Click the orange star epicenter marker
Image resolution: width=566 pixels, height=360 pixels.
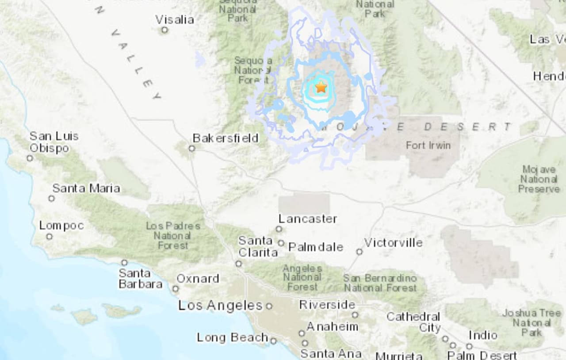pyautogui.click(x=321, y=87)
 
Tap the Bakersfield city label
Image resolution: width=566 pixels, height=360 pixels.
pyautogui.click(x=226, y=138)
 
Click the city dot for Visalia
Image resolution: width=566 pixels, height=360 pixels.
pyautogui.click(x=164, y=30)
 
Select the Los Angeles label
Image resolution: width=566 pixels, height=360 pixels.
pyautogui.click(x=220, y=305)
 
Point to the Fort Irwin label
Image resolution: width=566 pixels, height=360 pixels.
pyautogui.click(x=428, y=145)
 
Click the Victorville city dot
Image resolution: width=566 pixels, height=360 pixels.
pyautogui.click(x=359, y=252)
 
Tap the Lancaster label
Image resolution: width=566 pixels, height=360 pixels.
pyautogui.click(x=308, y=218)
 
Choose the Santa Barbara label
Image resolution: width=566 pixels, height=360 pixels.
pyautogui.click(x=140, y=279)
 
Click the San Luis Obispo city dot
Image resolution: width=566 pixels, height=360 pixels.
pyautogui.click(x=30, y=158)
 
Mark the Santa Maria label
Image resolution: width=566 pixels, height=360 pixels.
pyautogui.click(x=86, y=188)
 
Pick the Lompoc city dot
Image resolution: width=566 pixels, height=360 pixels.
pyautogui.click(x=49, y=237)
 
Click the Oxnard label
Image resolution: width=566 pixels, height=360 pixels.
pyautogui.click(x=198, y=279)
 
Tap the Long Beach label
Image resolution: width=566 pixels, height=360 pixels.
pyautogui.click(x=232, y=337)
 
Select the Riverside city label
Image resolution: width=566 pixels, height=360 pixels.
pyautogui.click(x=327, y=305)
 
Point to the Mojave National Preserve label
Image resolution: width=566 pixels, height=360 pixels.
pyautogui.click(x=539, y=179)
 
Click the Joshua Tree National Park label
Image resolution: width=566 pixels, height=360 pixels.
pyautogui.click(x=531, y=322)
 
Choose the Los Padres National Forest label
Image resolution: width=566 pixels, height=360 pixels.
pyautogui.click(x=173, y=235)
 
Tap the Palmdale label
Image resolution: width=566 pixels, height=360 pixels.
pyautogui.click(x=316, y=247)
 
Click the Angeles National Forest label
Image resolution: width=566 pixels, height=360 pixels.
pyautogui.click(x=302, y=278)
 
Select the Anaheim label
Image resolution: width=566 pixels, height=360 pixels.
pyautogui.click(x=332, y=326)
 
